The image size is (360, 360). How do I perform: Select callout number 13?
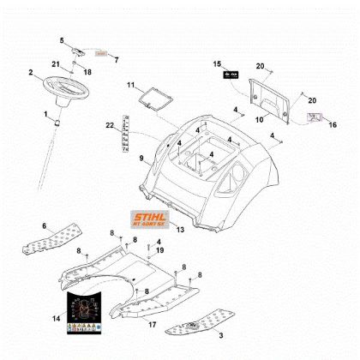point(179,231)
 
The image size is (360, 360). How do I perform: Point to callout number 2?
point(31,72)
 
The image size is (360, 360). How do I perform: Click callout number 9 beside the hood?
point(141,158)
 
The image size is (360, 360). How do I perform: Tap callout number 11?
point(130,86)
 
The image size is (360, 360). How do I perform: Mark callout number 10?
point(259,119)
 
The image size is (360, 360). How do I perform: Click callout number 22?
point(110,126)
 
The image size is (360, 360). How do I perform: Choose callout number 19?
point(159,249)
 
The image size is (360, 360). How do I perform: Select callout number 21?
point(56,65)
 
